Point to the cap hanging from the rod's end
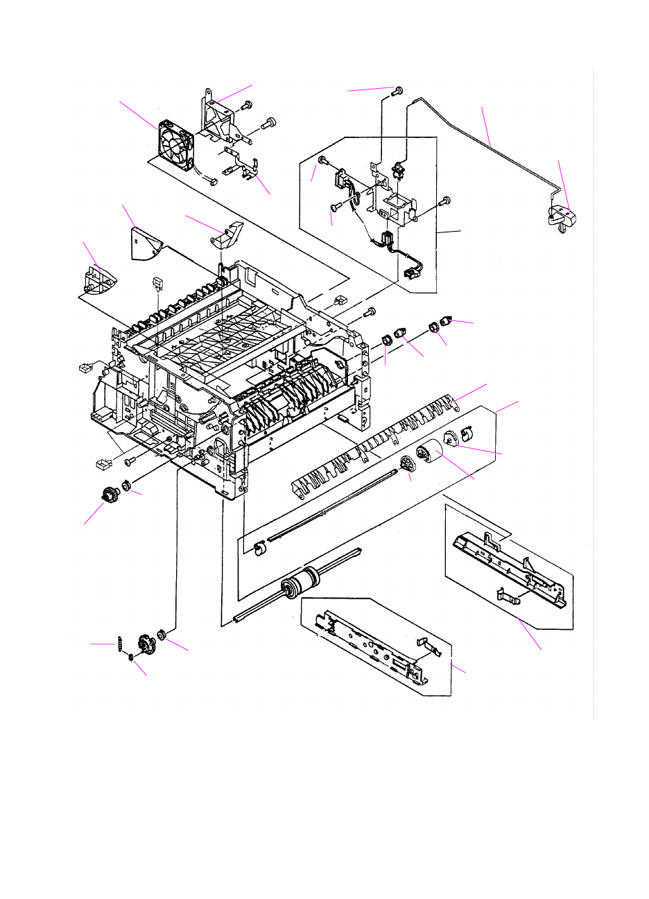562,216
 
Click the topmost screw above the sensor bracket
398,91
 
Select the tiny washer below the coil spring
131,657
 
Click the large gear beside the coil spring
145,645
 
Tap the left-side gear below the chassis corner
108,496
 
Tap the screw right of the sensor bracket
445,201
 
